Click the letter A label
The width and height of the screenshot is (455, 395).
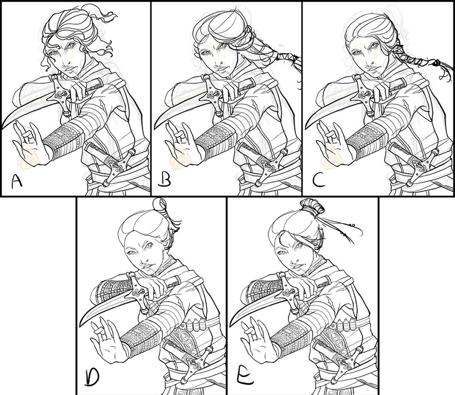coord(17,182)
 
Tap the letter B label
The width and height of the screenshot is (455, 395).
coord(165,181)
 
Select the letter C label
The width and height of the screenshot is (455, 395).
coord(319,181)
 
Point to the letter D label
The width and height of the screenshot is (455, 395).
coord(92,378)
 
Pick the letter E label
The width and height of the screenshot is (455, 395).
coord(244,377)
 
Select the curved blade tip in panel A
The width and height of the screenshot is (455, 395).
coord(3,126)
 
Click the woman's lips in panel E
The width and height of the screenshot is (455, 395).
coord(297,267)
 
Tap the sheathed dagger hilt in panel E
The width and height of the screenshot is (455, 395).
coord(346,365)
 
